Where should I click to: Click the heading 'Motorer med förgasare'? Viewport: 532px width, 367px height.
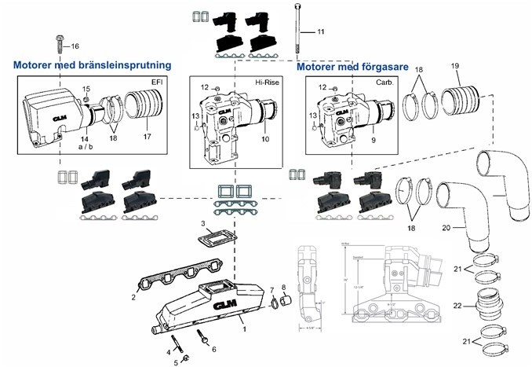point(353,67)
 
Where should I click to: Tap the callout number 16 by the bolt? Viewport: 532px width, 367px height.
point(75,46)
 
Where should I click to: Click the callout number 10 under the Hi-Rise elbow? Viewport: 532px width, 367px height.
point(264,139)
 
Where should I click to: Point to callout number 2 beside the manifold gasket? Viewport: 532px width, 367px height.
point(133,298)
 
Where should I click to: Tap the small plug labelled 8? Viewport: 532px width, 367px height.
point(287,299)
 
